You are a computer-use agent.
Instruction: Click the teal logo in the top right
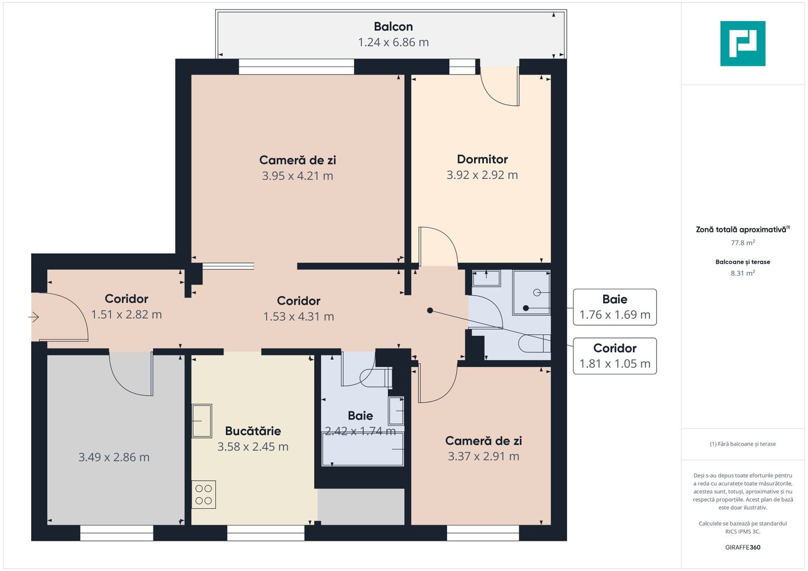click(742, 43)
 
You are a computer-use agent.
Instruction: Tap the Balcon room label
click(393, 26)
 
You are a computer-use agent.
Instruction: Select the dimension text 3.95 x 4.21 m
click(297, 176)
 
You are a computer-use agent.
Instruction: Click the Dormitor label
click(482, 159)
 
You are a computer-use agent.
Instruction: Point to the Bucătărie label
click(253, 431)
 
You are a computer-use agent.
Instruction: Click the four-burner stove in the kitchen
click(204, 494)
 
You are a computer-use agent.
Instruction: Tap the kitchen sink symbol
click(202, 421)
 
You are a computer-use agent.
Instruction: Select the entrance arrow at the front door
click(34, 317)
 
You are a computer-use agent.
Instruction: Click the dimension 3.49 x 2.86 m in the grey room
click(114, 457)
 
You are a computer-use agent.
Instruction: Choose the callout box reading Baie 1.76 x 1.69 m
click(615, 307)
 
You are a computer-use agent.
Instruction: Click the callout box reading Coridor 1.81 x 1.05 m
click(615, 356)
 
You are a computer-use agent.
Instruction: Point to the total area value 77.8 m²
click(742, 243)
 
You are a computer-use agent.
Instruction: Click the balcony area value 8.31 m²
click(742, 273)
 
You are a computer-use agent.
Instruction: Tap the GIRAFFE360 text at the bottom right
click(742, 547)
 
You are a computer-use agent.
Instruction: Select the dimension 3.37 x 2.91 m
click(483, 456)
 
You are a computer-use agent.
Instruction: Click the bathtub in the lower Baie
click(363, 449)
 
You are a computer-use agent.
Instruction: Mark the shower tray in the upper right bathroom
click(531, 292)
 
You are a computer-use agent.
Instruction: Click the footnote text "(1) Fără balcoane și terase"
click(742, 444)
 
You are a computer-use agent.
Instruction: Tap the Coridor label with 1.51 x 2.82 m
click(126, 299)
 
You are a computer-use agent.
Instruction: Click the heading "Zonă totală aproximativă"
click(741, 229)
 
